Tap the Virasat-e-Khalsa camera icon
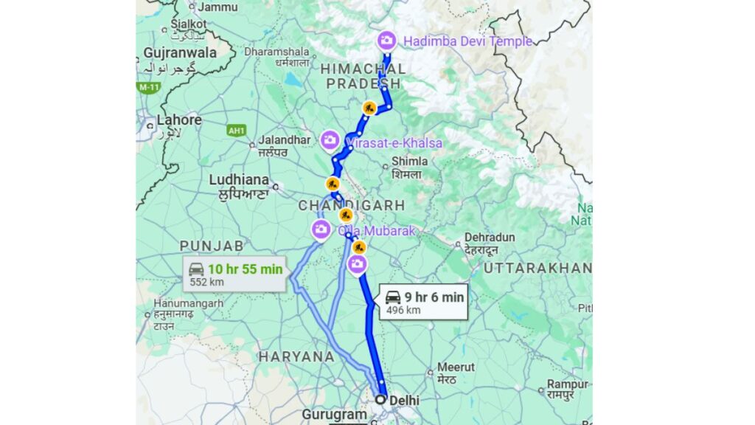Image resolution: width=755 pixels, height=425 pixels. pyautogui.click(x=330, y=139)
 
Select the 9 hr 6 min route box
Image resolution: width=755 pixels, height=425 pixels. pyautogui.click(x=424, y=302)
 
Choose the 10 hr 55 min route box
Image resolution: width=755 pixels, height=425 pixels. pyautogui.click(x=234, y=274)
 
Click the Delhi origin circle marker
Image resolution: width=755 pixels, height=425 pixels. pyautogui.click(x=380, y=399)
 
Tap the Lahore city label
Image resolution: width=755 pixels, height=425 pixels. pyautogui.click(x=179, y=120)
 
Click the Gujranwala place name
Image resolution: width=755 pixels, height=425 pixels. pyautogui.click(x=180, y=52)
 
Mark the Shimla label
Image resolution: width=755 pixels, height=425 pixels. pyautogui.click(x=410, y=162)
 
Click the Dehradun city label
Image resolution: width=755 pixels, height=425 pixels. pyautogui.click(x=489, y=238)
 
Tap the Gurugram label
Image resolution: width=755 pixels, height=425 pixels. pyautogui.click(x=334, y=415)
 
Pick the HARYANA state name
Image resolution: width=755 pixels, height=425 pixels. pyautogui.click(x=296, y=356)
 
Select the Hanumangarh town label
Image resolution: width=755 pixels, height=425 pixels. pyautogui.click(x=188, y=303)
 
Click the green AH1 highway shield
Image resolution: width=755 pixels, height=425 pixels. pyautogui.click(x=236, y=131)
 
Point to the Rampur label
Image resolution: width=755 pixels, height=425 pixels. pyautogui.click(x=567, y=384)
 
